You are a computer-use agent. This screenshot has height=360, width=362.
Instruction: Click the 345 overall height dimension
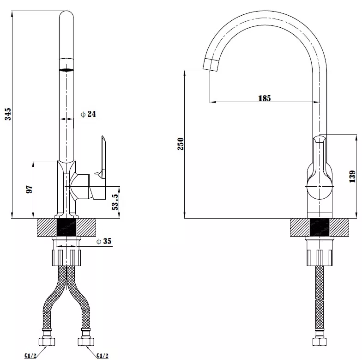(x=8, y=114)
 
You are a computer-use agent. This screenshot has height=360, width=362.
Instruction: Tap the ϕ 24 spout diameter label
(x=88, y=114)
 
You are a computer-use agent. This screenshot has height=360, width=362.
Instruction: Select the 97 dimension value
(x=29, y=189)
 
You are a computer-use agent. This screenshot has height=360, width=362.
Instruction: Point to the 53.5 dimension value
(x=115, y=202)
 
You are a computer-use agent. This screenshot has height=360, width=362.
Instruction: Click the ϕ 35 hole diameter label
(x=104, y=241)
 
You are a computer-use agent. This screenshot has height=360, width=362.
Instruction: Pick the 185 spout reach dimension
(x=264, y=98)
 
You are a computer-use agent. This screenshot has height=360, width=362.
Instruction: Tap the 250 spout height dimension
(x=181, y=144)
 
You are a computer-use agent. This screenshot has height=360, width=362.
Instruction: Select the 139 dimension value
(x=352, y=177)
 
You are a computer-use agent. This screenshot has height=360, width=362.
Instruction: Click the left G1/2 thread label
(x=30, y=355)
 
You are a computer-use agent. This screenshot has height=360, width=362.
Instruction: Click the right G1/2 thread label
(x=103, y=355)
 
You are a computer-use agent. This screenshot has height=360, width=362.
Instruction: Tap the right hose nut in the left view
(x=86, y=341)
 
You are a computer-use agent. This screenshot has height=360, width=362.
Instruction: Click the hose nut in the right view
(x=320, y=341)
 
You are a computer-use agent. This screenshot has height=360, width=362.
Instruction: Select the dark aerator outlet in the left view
(x=66, y=69)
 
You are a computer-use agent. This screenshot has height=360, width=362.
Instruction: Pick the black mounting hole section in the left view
(x=66, y=227)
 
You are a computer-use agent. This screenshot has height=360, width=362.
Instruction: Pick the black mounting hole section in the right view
(x=320, y=227)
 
